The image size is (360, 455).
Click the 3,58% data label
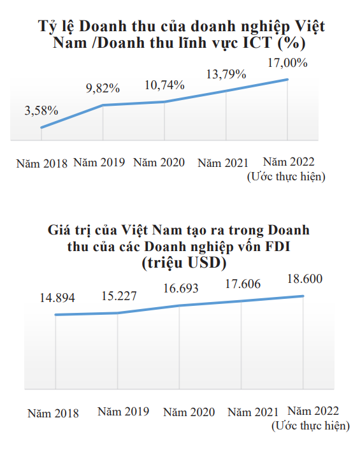pos(41,110)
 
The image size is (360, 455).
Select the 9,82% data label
pos(103,88)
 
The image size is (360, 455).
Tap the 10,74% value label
pos(164,85)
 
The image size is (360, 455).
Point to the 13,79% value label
pos(226,74)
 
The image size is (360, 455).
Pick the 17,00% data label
pos(287,63)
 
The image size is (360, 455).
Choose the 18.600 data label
pos(303,279)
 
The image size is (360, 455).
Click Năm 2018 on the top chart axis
pos(41,162)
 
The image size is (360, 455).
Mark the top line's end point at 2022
pos(288,80)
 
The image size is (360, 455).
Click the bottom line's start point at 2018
pos(57,315)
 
